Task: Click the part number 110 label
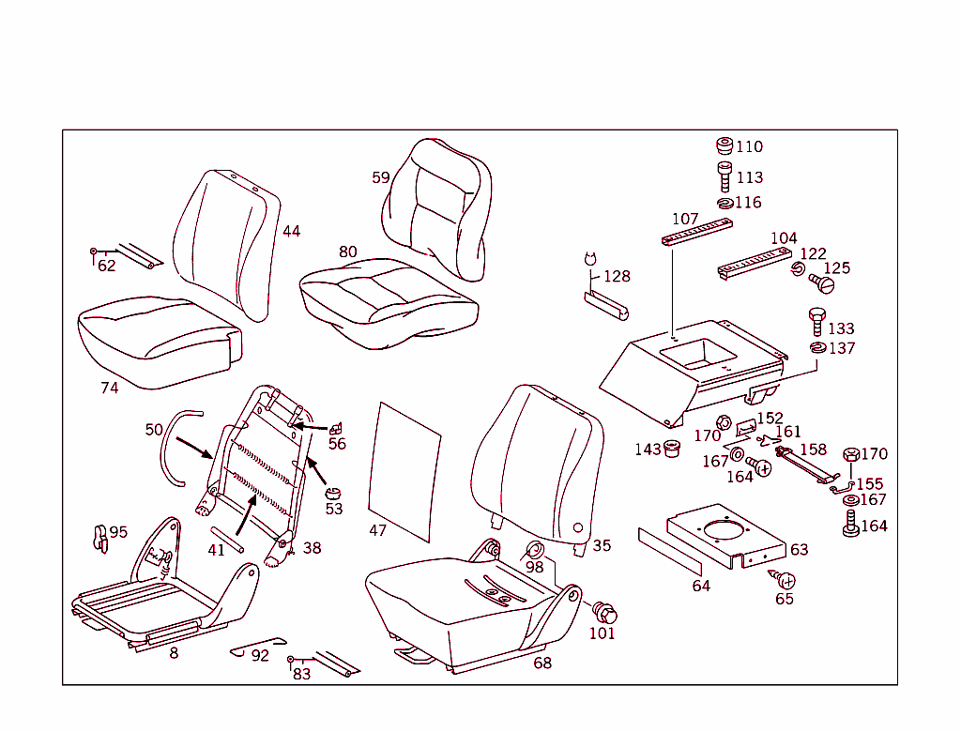click(749, 146)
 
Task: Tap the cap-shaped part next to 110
click(724, 146)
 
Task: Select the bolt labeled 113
click(725, 176)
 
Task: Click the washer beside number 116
click(725, 203)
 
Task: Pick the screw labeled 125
click(821, 281)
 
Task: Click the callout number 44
click(292, 231)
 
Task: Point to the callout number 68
click(542, 663)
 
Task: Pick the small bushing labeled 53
click(331, 493)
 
